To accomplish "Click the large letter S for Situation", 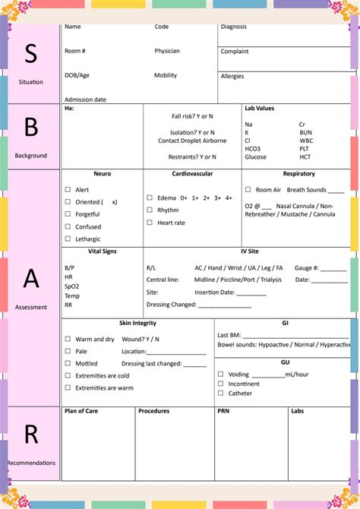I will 30,53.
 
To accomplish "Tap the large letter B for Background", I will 30,127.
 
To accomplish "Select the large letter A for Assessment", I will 30,279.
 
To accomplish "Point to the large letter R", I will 30,434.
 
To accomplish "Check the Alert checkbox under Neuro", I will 68,190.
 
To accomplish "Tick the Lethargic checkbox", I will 68,239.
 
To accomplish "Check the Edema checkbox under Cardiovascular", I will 150,198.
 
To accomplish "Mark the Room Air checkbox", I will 248,190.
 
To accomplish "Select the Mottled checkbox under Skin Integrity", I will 68,364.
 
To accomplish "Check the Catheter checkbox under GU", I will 220,393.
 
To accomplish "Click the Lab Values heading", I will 259,109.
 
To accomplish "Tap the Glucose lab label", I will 255,157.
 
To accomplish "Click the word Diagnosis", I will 234,27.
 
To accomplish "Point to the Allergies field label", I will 232,76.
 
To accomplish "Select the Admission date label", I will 85,100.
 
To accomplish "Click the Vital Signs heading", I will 102,251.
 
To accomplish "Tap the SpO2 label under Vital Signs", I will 71,286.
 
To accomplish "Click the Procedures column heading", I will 153,411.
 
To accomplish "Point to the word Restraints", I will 182,157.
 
